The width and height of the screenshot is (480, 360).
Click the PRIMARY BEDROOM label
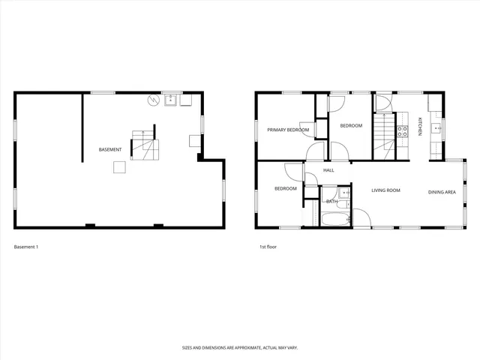tap(288, 130)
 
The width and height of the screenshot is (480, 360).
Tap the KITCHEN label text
tap(421, 127)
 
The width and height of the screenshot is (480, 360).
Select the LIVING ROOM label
tap(386, 190)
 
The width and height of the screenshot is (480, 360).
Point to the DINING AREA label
tap(442, 192)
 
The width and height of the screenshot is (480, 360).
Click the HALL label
tap(328, 170)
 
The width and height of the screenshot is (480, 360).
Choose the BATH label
tap(331, 201)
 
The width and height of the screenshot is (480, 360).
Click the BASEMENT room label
tap(110, 150)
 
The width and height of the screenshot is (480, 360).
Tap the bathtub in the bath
tap(334, 220)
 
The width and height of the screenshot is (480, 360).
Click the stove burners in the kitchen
tap(402, 131)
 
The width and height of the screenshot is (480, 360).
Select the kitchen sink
tap(434, 127)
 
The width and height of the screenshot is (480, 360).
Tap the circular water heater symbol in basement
tap(154, 100)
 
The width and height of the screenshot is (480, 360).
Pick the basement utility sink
tap(170, 99)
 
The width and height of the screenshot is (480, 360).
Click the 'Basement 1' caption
tap(26, 247)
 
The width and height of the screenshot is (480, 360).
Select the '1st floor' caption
tap(268, 247)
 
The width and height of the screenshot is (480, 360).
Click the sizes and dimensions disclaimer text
tap(239, 347)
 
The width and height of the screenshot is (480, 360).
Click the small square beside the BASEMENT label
tap(119, 168)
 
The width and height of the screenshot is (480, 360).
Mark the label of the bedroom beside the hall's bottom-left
tap(285, 188)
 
